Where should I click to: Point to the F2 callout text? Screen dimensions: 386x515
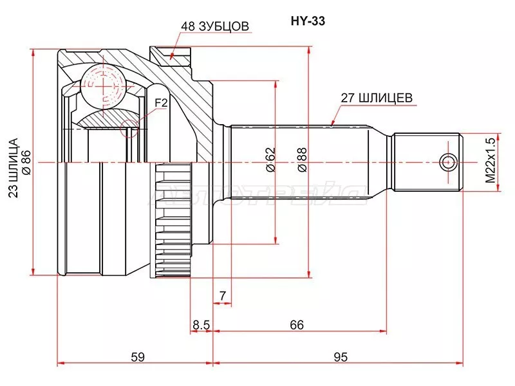[x=160, y=102]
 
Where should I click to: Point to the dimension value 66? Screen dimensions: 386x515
[x=296, y=325]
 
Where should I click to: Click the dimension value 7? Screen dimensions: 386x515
[x=223, y=295]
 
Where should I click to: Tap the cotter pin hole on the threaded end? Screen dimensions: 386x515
[x=447, y=161]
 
